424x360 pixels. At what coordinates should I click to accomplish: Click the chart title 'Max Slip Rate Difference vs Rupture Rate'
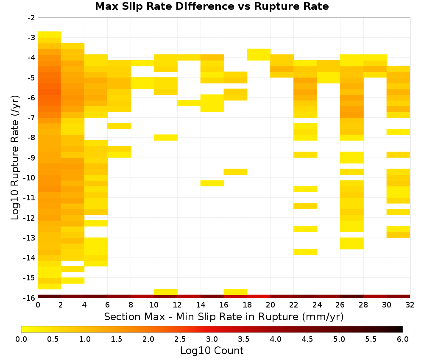tap(212, 6)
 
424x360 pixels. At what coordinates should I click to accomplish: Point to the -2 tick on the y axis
tap(31, 18)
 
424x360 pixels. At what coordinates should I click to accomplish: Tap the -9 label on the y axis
tap(31, 158)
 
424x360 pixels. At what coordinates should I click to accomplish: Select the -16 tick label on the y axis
tap(30, 298)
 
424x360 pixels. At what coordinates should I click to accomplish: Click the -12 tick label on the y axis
tap(30, 218)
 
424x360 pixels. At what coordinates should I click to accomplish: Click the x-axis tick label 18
tap(247, 305)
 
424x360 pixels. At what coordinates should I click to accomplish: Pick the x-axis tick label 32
tap(410, 305)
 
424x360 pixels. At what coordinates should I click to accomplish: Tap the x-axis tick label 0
tap(38, 305)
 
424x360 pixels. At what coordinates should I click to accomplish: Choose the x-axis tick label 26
tap(340, 305)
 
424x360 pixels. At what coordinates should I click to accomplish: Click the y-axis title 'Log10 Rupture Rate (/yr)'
tap(15, 158)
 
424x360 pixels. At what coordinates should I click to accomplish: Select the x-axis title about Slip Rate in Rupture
tap(224, 316)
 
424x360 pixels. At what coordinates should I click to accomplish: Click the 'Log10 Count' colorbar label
tap(212, 351)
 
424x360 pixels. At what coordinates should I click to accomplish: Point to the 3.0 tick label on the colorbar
tap(212, 339)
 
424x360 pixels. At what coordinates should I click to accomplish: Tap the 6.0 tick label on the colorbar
tap(403, 339)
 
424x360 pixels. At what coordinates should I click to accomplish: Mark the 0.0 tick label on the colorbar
tap(21, 339)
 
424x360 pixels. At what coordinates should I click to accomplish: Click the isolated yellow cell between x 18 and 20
tap(259, 55)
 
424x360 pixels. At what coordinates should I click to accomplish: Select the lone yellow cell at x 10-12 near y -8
tap(166, 138)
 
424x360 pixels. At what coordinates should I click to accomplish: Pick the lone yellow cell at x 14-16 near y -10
tap(212, 183)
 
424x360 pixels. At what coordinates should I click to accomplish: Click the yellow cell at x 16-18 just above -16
tap(235, 292)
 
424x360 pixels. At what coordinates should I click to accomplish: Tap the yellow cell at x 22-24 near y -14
tap(305, 252)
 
